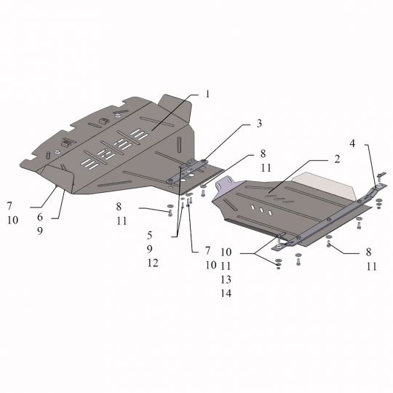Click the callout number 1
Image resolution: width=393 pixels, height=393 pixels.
point(207,94)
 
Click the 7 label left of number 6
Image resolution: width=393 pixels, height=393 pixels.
point(10,206)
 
